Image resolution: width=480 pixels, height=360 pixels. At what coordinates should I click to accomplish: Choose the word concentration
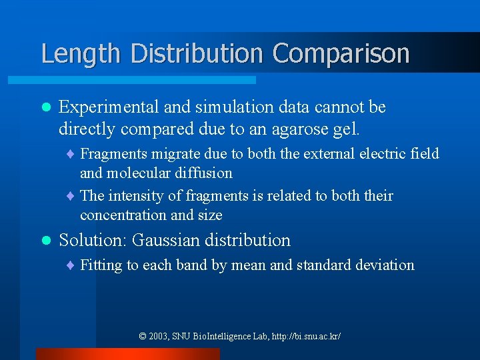tap(124, 215)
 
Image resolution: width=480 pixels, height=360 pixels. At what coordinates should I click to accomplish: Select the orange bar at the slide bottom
tap(127, 354)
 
